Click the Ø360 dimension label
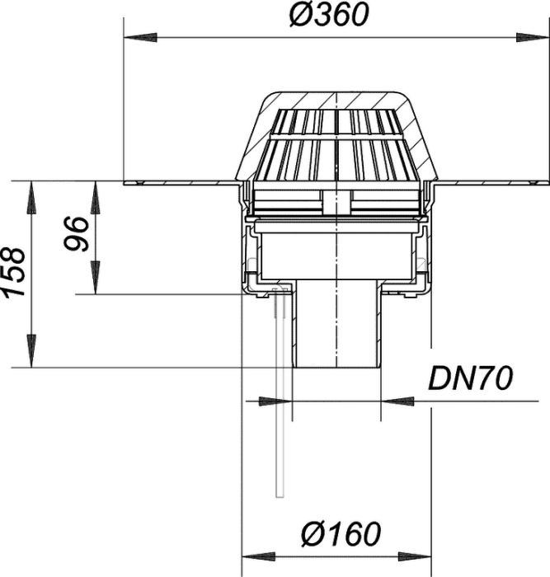(x=329, y=16)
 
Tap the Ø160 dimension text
(x=341, y=533)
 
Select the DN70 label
(x=470, y=378)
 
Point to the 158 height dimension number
(x=14, y=273)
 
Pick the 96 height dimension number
(x=77, y=234)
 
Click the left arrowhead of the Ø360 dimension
(x=141, y=38)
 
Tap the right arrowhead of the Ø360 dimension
(x=532, y=38)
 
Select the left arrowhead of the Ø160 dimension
(x=258, y=556)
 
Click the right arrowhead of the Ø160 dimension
(x=414, y=556)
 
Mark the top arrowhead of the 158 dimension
(x=32, y=198)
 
